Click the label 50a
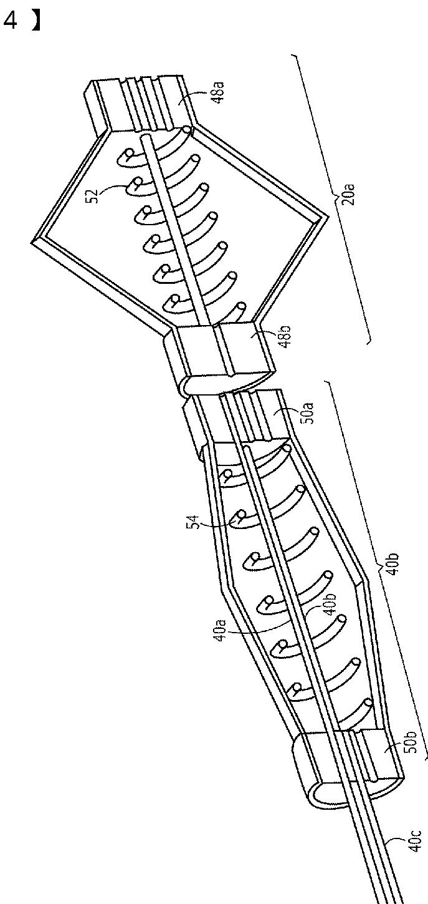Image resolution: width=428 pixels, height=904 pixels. pyautogui.click(x=308, y=413)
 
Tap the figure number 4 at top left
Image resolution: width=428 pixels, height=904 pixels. pyautogui.click(x=10, y=21)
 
